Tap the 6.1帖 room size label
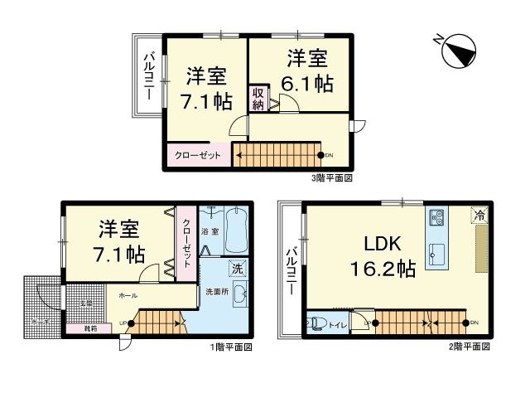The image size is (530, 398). pyautogui.click(x=307, y=83)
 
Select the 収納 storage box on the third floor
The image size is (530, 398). pyautogui.click(x=258, y=99)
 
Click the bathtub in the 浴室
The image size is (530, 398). pyautogui.click(x=235, y=231)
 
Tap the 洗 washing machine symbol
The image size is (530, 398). pyautogui.click(x=238, y=269)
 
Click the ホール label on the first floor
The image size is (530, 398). pyautogui.click(x=128, y=295)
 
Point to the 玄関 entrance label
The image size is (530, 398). pyautogui.click(x=85, y=303)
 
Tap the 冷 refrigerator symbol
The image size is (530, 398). pyautogui.click(x=479, y=214)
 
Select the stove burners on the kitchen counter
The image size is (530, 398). pyautogui.click(x=436, y=219)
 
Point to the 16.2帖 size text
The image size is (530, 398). pyautogui.click(x=382, y=269)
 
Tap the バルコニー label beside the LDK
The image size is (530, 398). pyautogui.click(x=291, y=274)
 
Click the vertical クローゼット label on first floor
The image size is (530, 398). pyautogui.click(x=186, y=241)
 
